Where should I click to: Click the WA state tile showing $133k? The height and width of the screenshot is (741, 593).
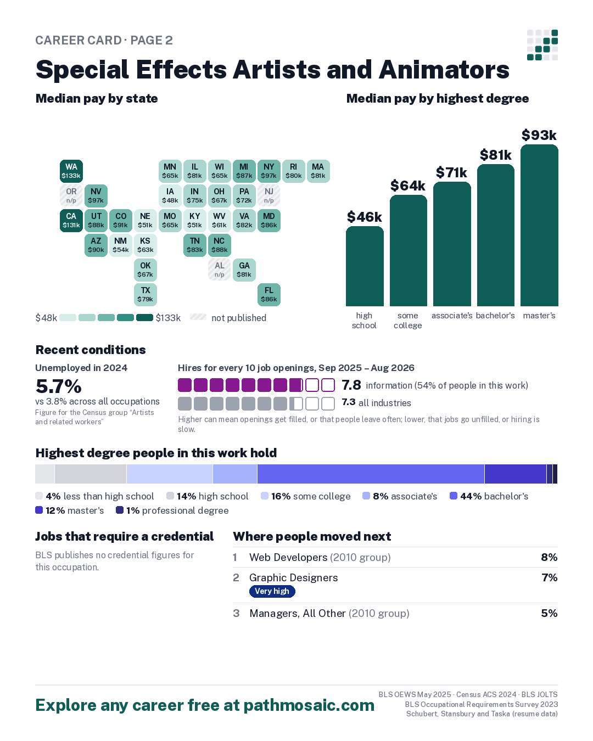(x=71, y=171)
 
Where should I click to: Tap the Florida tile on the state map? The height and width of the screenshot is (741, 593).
(x=268, y=294)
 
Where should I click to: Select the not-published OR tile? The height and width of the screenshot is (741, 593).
(x=71, y=195)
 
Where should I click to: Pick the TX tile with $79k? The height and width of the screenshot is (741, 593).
(x=145, y=294)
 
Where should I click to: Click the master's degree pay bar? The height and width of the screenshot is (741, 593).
(x=539, y=225)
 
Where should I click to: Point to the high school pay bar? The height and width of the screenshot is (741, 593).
(x=364, y=266)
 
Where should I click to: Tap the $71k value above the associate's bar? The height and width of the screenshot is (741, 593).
(x=451, y=172)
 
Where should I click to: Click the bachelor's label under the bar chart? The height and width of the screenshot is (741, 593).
(x=495, y=316)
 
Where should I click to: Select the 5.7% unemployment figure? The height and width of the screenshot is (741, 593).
(x=59, y=386)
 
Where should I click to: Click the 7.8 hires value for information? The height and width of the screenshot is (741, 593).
(x=351, y=385)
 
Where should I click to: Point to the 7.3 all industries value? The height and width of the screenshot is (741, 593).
(x=348, y=402)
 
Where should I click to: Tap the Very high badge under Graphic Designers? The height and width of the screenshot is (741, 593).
(x=272, y=591)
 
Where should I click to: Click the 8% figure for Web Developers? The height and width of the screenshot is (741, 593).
(x=549, y=557)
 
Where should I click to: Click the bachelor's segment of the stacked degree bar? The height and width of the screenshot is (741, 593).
(x=371, y=474)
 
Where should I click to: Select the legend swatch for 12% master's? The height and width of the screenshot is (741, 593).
(x=39, y=510)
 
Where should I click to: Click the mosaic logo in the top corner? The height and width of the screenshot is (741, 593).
(x=542, y=45)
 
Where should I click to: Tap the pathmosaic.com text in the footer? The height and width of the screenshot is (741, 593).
(x=309, y=705)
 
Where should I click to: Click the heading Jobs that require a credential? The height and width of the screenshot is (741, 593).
(x=125, y=536)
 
